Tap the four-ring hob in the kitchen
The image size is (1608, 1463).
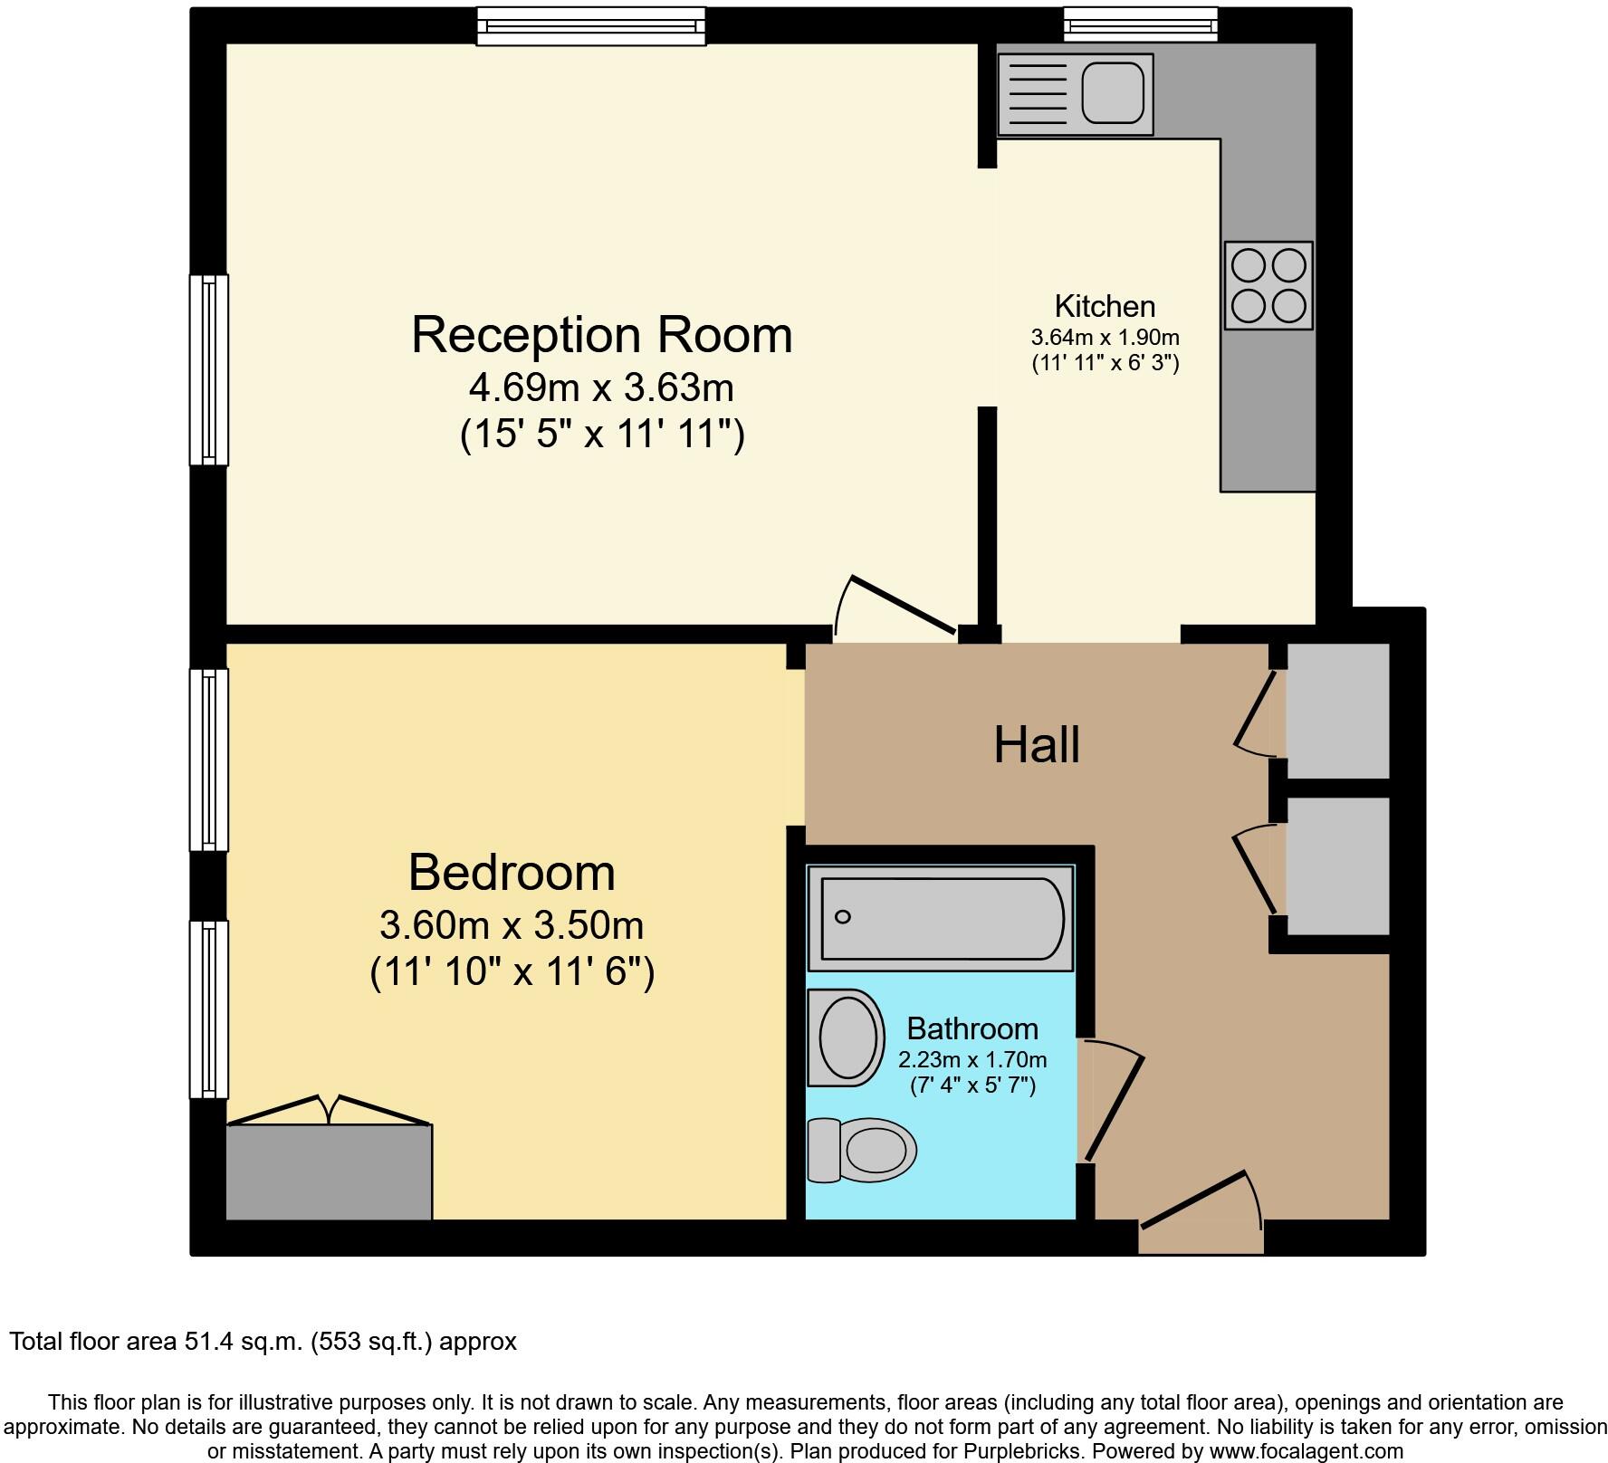click(1268, 285)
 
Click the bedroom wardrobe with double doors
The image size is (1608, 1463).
click(329, 1171)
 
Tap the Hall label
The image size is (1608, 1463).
click(1037, 745)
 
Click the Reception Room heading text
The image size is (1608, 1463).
click(602, 334)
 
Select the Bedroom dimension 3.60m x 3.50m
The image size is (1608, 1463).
click(512, 925)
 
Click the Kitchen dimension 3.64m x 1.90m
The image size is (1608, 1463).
click(1105, 338)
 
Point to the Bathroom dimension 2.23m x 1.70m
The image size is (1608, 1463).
click(972, 1059)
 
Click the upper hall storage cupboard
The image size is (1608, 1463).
click(1337, 711)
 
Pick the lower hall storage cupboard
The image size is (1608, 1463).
click(1337, 865)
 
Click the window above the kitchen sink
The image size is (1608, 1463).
click(1140, 24)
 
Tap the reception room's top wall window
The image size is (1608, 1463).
click(591, 25)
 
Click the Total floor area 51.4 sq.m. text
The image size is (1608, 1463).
click(263, 1341)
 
